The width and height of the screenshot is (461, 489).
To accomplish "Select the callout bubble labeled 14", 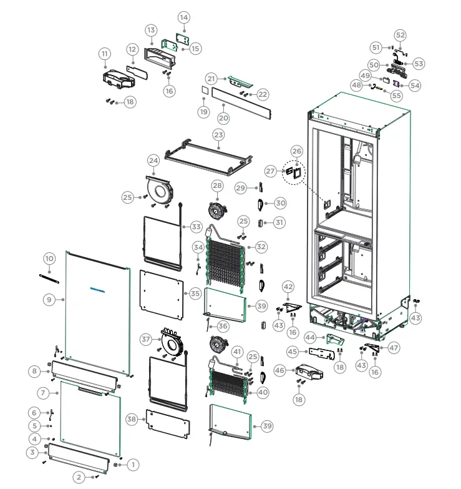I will point(184,17).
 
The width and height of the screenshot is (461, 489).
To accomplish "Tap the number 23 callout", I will point(218,135).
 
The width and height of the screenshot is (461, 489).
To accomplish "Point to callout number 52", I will point(400,35).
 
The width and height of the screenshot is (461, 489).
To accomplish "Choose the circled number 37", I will point(147,339).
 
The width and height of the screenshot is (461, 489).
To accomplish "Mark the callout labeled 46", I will point(279,370).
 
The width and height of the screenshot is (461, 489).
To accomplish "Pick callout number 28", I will point(216,185).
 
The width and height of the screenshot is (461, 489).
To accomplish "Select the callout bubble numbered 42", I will point(288,287).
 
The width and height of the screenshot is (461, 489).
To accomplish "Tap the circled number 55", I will point(396,96).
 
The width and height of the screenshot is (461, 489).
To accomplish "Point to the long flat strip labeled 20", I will point(242,104).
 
